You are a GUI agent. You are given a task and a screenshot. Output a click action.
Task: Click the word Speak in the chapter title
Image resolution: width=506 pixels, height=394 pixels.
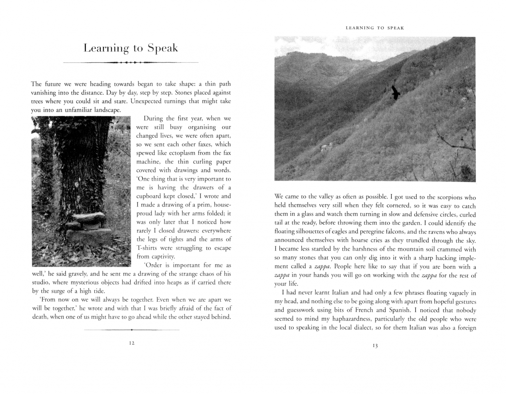162,49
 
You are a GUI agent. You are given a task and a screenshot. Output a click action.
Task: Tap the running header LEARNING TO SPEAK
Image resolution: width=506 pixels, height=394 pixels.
375,28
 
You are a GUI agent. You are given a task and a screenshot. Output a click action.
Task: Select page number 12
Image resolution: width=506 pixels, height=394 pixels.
132,343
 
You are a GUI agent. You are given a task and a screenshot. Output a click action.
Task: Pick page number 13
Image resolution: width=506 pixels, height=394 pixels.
375,346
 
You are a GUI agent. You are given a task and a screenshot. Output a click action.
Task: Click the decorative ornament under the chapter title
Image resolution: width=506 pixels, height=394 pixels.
130,63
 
